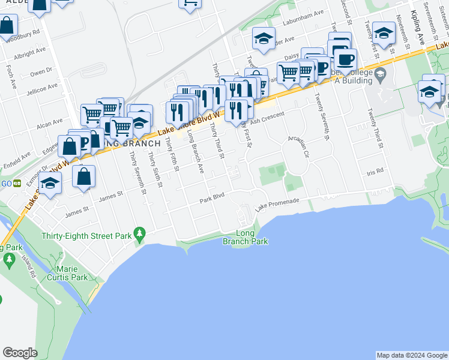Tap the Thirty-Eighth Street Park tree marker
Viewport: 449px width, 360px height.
click(140, 233)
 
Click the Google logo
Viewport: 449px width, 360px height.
click(20, 353)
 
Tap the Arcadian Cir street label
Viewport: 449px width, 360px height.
click(298, 145)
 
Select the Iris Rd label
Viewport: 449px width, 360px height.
click(375, 172)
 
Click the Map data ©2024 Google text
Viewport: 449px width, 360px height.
click(411, 355)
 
